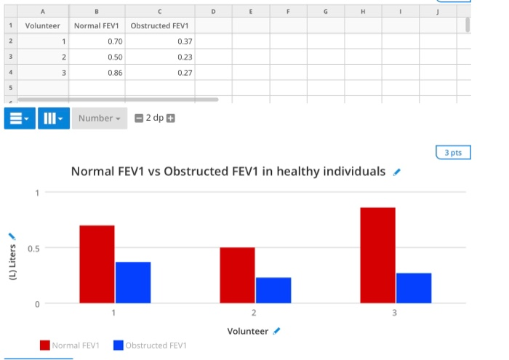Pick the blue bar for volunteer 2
point(273,290)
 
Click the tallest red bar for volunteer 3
point(377,255)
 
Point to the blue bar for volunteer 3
point(413,288)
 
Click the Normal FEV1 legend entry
point(69,345)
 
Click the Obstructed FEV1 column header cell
point(159,25)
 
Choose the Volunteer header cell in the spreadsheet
point(42,25)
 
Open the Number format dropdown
point(99,118)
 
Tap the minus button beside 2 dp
point(138,118)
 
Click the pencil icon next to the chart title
point(396,172)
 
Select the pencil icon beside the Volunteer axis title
point(276,332)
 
